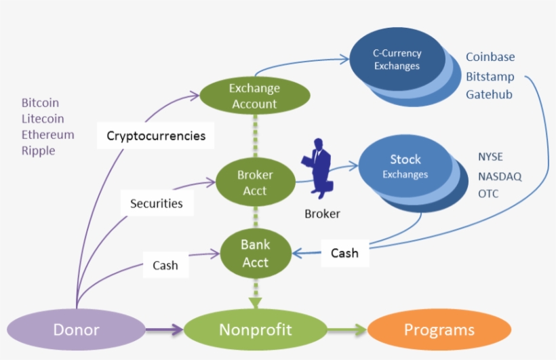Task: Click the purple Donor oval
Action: (x=76, y=330)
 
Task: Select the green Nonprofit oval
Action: (x=255, y=330)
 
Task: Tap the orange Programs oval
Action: (x=439, y=330)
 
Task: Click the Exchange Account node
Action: (x=254, y=96)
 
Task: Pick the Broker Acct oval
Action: (x=255, y=183)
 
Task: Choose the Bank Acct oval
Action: (x=255, y=254)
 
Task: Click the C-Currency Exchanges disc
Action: (x=397, y=59)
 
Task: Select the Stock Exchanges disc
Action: (x=405, y=166)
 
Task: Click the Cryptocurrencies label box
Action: (x=156, y=136)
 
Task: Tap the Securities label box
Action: (x=157, y=203)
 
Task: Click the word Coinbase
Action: (x=490, y=58)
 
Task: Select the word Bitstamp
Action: (x=490, y=77)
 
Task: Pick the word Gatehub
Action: (x=489, y=95)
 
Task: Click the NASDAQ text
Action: (x=500, y=176)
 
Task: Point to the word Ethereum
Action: (x=47, y=134)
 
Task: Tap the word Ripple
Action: (x=38, y=151)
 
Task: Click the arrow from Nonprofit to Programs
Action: (x=346, y=330)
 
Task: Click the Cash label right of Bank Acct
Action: (x=344, y=254)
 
